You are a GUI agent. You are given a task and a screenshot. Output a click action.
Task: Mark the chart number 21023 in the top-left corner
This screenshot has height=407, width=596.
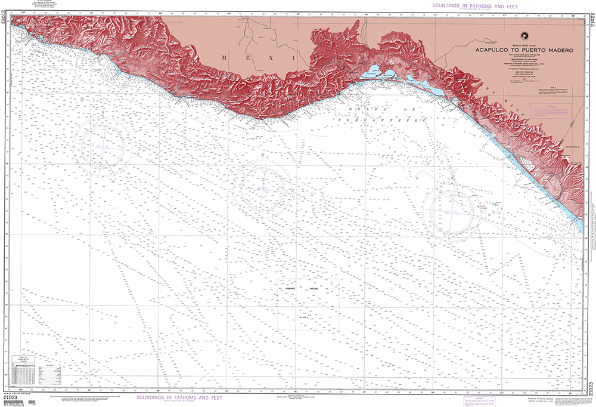click(x=5, y=21)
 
